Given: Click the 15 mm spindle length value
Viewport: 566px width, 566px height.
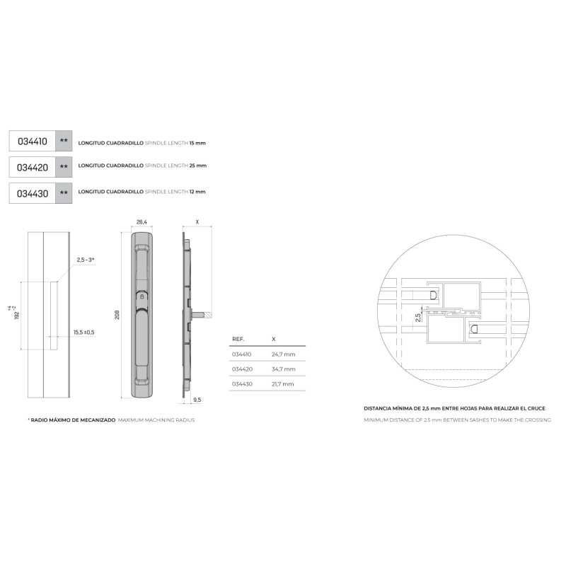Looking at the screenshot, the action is point(197,143).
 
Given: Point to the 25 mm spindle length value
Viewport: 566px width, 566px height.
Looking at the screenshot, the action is point(198,166).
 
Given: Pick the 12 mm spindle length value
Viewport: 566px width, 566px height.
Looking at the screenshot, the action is point(197,192).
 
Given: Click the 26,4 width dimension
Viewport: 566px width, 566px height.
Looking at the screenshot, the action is point(141,222).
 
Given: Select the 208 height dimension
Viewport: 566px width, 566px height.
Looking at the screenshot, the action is point(117,315).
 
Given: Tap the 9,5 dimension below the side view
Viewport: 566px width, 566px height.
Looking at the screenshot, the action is point(197,400).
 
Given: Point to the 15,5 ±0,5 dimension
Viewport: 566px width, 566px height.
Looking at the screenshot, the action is point(84,332).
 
